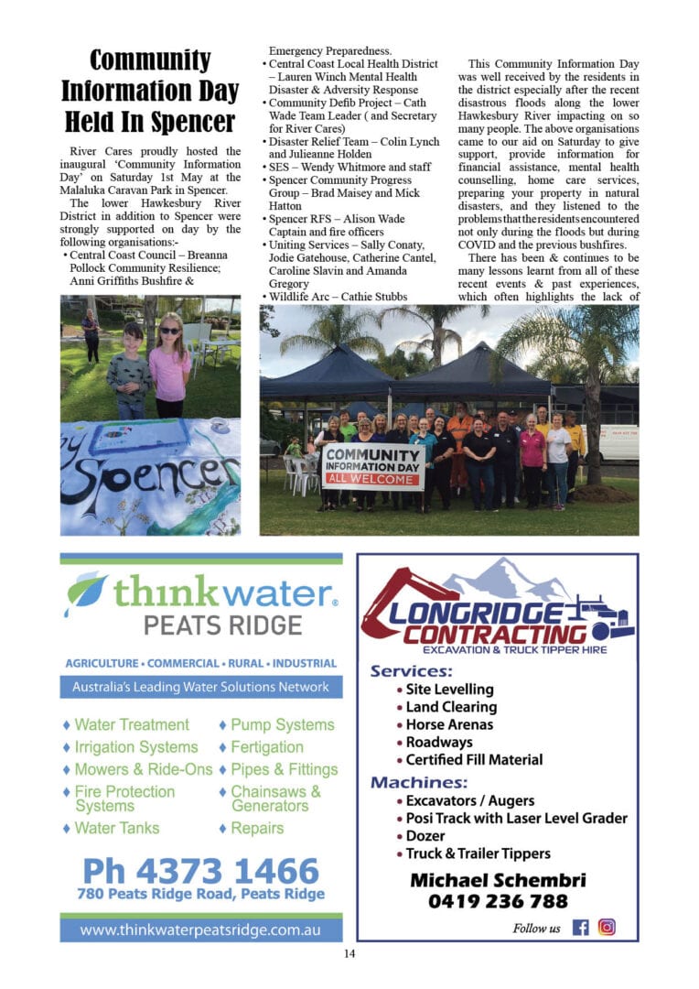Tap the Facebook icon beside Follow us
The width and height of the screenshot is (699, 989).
(x=580, y=927)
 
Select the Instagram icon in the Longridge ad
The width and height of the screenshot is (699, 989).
(x=607, y=927)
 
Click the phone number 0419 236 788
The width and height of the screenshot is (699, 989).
(x=498, y=901)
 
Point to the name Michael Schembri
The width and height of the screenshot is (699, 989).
(x=498, y=880)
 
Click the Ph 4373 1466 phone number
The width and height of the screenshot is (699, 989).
(x=200, y=870)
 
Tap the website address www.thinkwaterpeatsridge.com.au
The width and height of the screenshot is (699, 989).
(x=200, y=929)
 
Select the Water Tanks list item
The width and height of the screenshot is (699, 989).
(x=117, y=828)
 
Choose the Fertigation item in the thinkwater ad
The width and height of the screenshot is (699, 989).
(x=267, y=747)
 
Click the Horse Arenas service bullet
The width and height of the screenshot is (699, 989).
(x=448, y=724)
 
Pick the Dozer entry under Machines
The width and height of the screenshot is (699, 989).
(x=425, y=836)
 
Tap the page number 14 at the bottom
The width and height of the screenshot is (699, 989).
(x=349, y=954)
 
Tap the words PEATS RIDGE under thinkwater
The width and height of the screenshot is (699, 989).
(x=222, y=625)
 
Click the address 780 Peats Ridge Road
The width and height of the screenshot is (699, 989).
(x=200, y=894)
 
